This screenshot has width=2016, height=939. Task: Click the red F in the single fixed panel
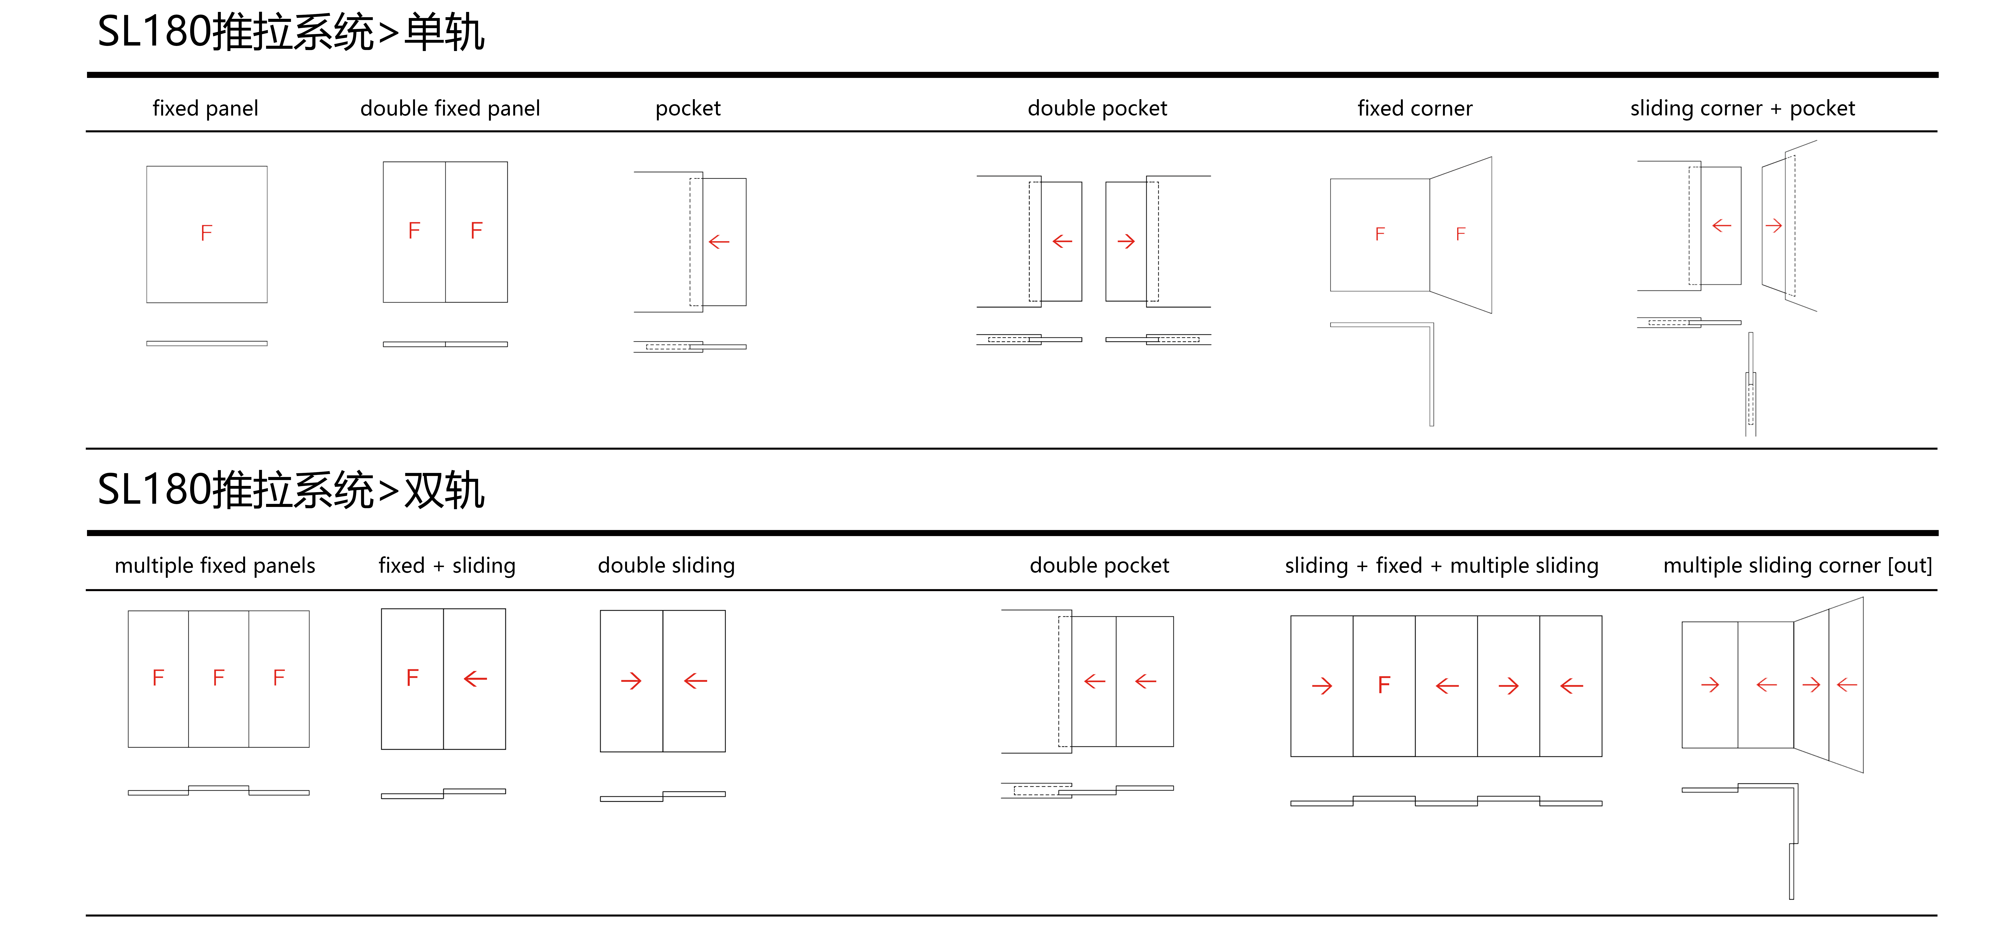[x=206, y=232]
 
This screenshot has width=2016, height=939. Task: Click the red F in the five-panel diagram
[x=1384, y=685]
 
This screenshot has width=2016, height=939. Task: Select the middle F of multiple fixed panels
[x=218, y=678]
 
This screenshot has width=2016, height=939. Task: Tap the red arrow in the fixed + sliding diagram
[x=475, y=678]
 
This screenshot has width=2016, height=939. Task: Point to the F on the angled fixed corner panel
[x=1460, y=234]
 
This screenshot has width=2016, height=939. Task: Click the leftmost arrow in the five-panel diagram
[x=1322, y=686]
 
